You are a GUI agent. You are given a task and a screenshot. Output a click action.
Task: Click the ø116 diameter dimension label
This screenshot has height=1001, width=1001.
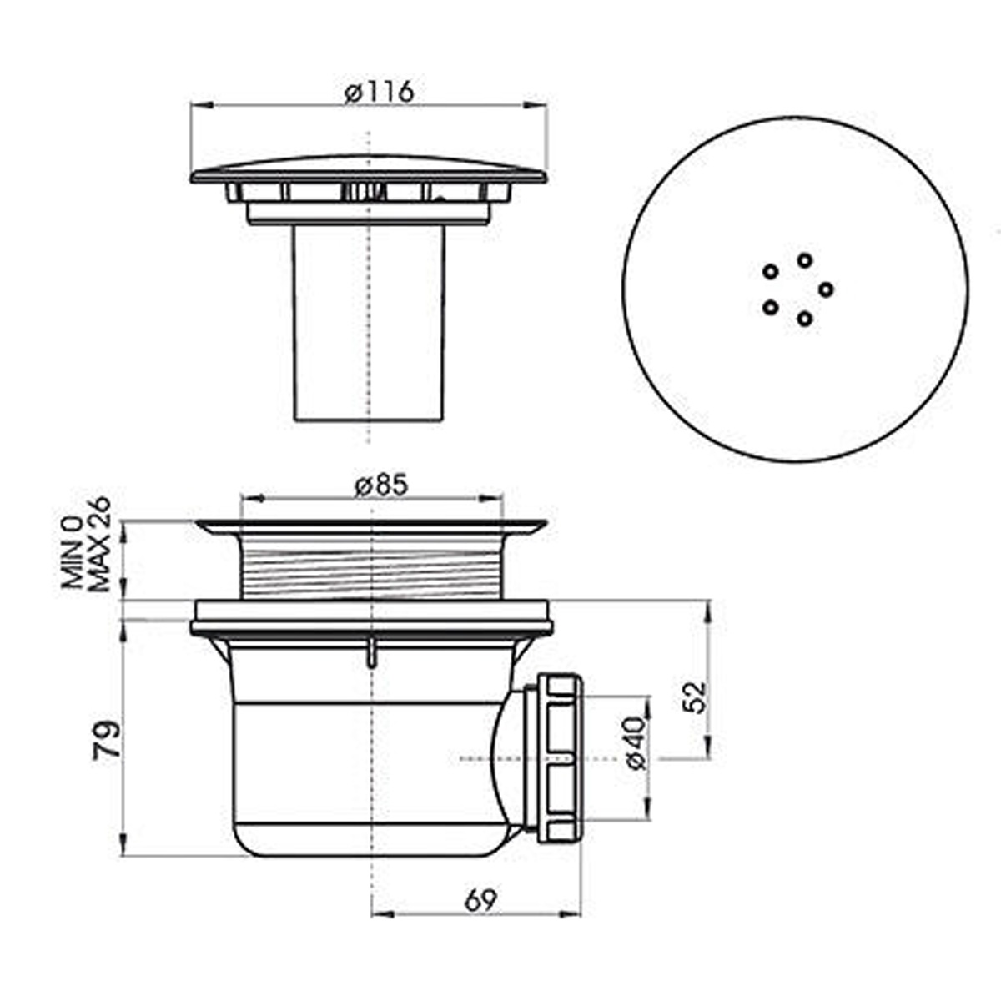380,93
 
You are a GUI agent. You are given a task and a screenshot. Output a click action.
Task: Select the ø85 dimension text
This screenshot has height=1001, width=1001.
382,486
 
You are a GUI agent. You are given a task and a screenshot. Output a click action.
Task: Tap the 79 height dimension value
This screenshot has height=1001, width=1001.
107,741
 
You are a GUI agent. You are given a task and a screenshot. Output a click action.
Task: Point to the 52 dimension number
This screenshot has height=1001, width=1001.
694,697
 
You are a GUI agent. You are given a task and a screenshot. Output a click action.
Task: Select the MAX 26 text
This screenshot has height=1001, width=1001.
99,545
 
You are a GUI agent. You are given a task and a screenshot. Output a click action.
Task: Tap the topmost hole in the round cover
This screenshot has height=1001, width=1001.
805,260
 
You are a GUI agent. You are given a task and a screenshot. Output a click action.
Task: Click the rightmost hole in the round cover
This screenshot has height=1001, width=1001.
826,289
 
